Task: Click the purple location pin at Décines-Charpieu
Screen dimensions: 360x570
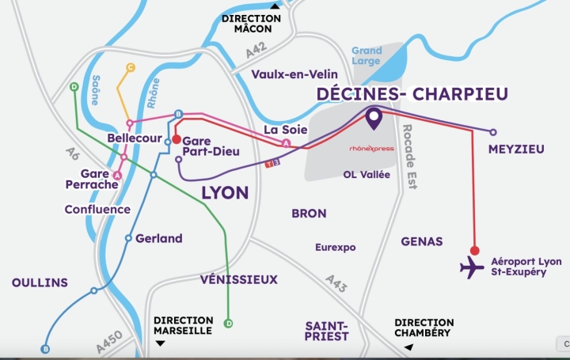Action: (373, 119)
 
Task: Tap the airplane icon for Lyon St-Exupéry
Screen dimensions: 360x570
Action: (472, 267)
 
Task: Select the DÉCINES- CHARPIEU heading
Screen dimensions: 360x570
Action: (412, 94)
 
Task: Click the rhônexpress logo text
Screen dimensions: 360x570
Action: (371, 148)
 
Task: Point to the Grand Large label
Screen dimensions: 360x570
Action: (367, 56)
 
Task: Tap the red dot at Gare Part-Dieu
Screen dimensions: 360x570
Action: (177, 139)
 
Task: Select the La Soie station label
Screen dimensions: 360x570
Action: (280, 130)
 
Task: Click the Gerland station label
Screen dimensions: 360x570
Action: (158, 238)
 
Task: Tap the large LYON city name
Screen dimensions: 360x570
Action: (225, 192)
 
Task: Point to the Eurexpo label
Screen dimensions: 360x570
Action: (335, 247)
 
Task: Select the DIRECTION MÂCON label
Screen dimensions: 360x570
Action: (251, 23)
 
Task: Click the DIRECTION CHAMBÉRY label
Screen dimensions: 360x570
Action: (424, 328)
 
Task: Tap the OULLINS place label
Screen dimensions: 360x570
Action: (40, 282)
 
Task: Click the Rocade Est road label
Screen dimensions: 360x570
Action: (412, 157)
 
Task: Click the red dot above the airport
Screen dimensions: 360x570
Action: (474, 249)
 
